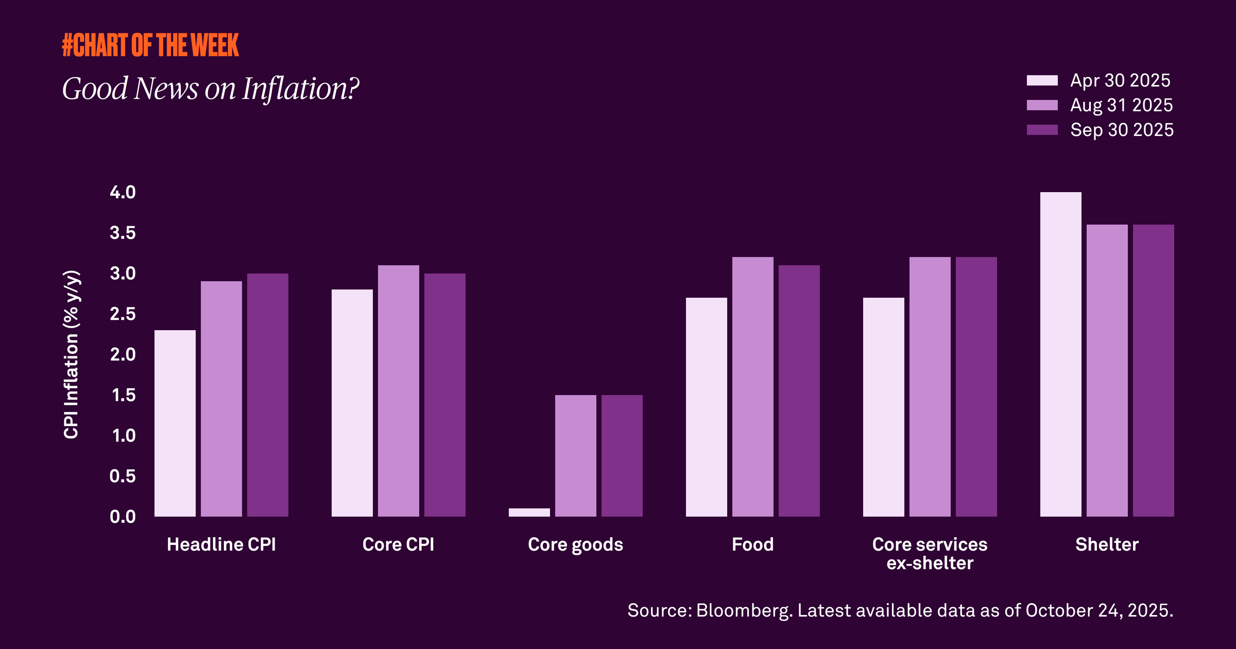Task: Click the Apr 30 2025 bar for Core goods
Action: click(529, 512)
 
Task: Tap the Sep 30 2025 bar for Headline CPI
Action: click(267, 395)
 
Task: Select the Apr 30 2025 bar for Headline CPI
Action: click(175, 423)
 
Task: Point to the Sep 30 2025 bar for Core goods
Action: click(622, 455)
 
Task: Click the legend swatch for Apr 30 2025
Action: click(1042, 80)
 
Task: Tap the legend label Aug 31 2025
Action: click(1121, 105)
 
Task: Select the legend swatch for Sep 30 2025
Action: click(1042, 130)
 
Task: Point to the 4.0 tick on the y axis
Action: click(123, 192)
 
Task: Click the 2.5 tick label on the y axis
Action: click(123, 314)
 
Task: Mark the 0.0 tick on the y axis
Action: click(123, 517)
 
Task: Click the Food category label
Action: click(752, 544)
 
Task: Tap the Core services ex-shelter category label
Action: click(930, 554)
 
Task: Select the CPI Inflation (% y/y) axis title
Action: click(71, 354)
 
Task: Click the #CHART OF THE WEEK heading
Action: click(150, 45)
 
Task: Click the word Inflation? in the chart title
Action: click(301, 89)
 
